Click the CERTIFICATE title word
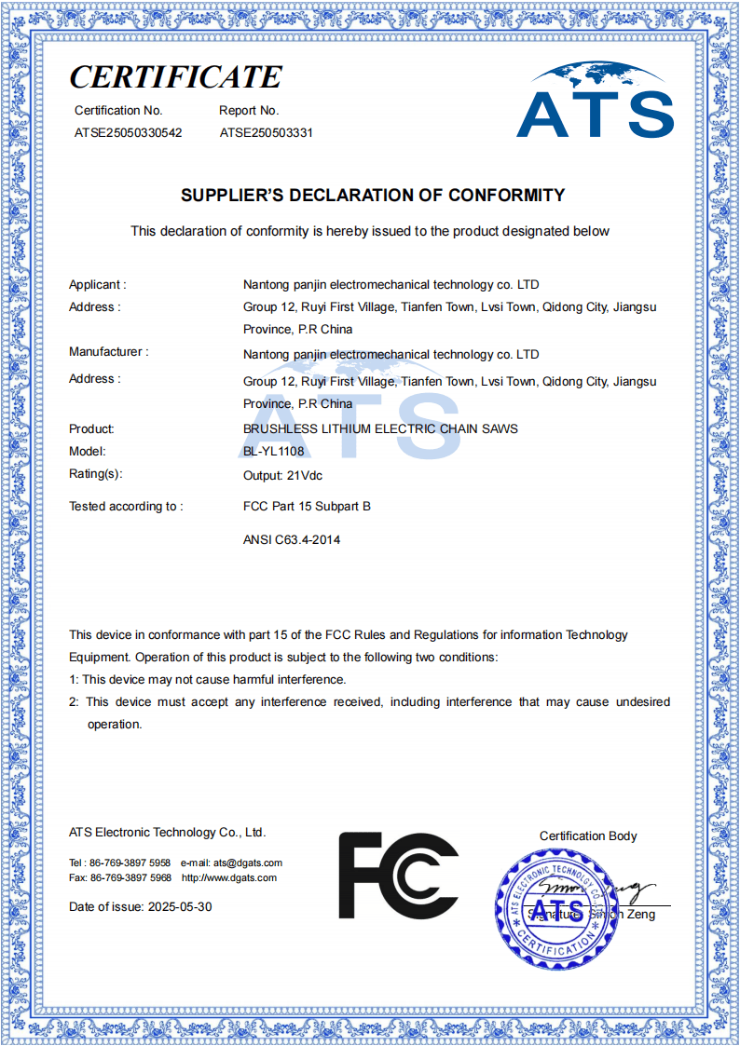(175, 76)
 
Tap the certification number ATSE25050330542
(129, 132)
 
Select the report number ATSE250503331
(267, 132)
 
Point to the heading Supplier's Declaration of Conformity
(373, 196)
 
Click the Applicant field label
(97, 284)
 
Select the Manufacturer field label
(108, 352)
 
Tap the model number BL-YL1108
(273, 452)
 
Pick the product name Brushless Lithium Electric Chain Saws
(380, 428)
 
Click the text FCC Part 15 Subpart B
(307, 507)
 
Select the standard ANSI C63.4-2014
(292, 539)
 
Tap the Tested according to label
(126, 507)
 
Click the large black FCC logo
(398, 876)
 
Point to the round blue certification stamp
(556, 909)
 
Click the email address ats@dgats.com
(247, 863)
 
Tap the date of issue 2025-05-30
(180, 906)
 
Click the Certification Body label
(588, 835)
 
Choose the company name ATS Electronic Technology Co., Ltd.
(167, 832)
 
